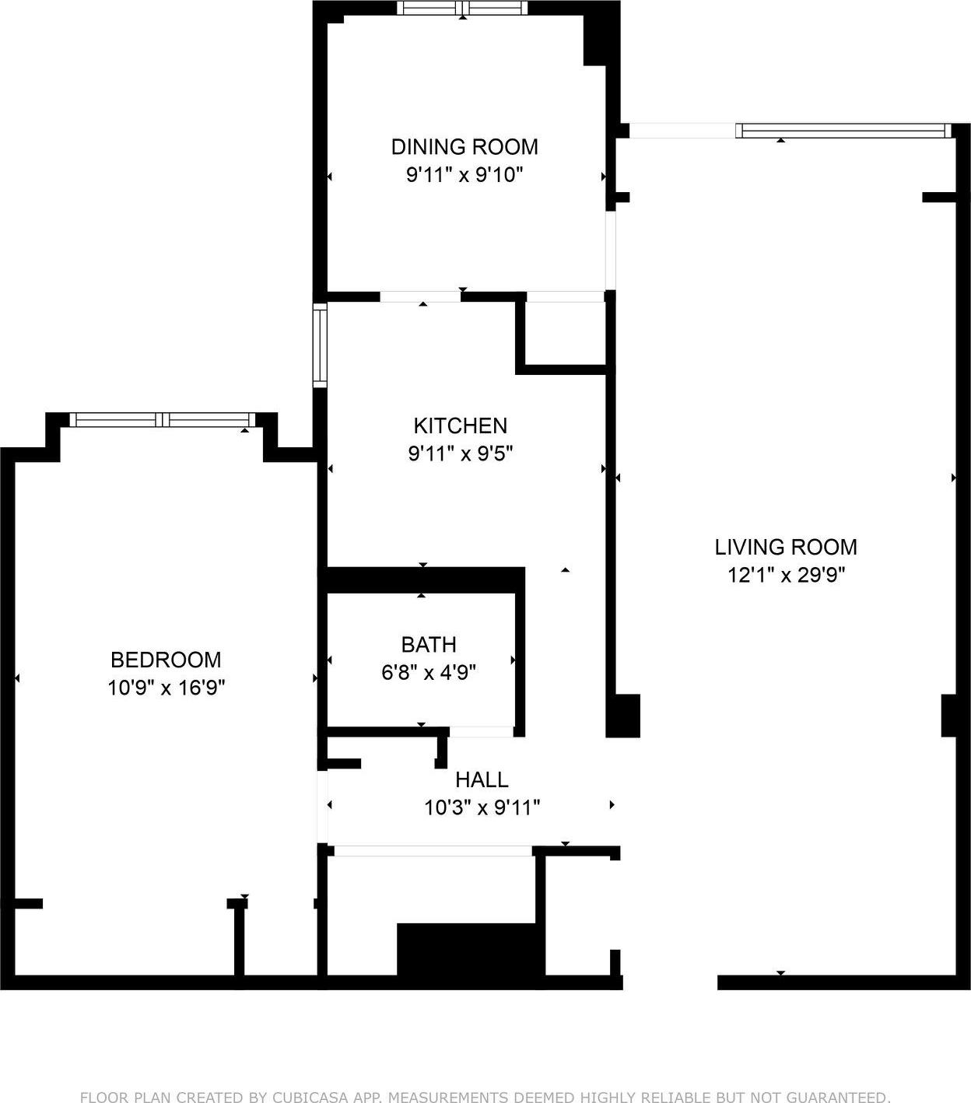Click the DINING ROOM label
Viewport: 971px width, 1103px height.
(464, 146)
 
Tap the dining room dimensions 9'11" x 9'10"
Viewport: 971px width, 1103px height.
(464, 174)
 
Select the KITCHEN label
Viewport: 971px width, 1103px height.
(460, 425)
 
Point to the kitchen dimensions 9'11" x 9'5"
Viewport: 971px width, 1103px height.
(460, 453)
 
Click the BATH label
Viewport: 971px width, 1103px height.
(428, 644)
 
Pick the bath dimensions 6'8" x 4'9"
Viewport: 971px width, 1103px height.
(428, 671)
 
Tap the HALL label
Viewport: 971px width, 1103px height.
(482, 779)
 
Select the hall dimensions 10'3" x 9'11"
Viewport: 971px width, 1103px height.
(482, 807)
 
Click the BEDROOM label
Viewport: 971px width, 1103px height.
(166, 660)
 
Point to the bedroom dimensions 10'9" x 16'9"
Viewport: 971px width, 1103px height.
(166, 688)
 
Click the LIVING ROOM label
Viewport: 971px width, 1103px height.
(786, 547)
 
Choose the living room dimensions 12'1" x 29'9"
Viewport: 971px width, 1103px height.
(786, 575)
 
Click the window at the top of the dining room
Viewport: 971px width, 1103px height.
(462, 8)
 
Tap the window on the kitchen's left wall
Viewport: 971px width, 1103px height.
(320, 345)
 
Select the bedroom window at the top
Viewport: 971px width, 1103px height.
(163, 420)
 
